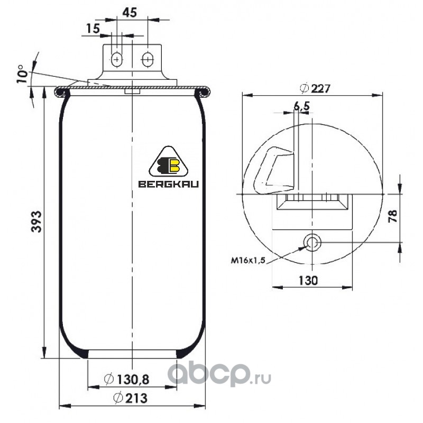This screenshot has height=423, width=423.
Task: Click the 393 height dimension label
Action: click(x=35, y=222)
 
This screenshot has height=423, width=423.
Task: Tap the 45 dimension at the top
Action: click(x=130, y=12)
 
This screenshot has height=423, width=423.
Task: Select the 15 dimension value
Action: click(x=93, y=28)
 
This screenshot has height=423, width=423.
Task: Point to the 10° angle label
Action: click(x=22, y=73)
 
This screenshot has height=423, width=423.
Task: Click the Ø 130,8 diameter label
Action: click(x=126, y=379)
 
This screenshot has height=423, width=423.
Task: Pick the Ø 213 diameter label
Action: click(x=130, y=398)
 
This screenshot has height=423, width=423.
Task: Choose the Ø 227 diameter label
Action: click(x=315, y=88)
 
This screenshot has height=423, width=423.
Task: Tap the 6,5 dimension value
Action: click(x=301, y=106)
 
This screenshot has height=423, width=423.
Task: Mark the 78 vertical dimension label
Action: click(x=393, y=216)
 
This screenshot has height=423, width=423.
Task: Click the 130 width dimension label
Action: click(x=308, y=281)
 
